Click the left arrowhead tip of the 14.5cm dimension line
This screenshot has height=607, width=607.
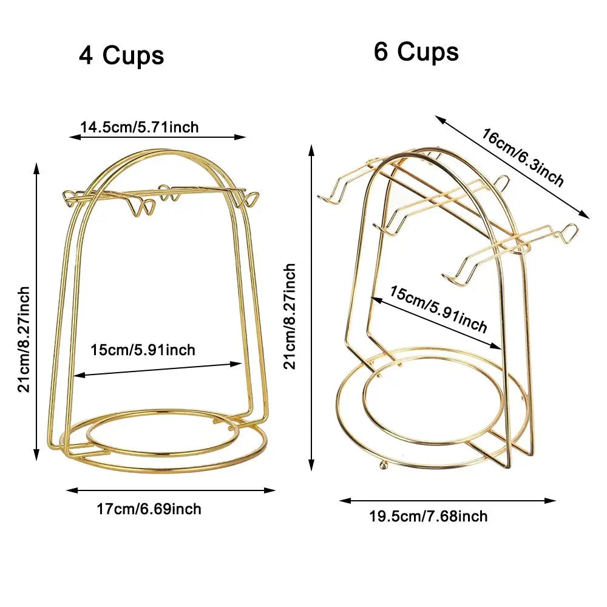[69, 137]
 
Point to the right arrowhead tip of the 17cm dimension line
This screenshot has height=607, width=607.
[276, 490]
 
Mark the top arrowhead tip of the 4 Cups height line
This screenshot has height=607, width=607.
[37, 163]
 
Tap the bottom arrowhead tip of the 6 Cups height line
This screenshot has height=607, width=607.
[311, 471]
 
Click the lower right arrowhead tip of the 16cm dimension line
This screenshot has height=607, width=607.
[590, 219]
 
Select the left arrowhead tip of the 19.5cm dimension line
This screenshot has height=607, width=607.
[339, 501]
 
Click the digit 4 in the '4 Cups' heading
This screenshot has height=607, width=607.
[86, 56]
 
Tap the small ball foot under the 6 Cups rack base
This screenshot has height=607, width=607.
[383, 465]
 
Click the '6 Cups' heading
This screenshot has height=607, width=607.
[416, 52]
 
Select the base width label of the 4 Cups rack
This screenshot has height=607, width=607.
[149, 509]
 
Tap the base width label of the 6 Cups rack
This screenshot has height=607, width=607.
[428, 516]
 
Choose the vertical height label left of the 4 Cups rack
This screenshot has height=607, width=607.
[24, 339]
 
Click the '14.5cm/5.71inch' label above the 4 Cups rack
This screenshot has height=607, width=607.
[140, 127]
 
